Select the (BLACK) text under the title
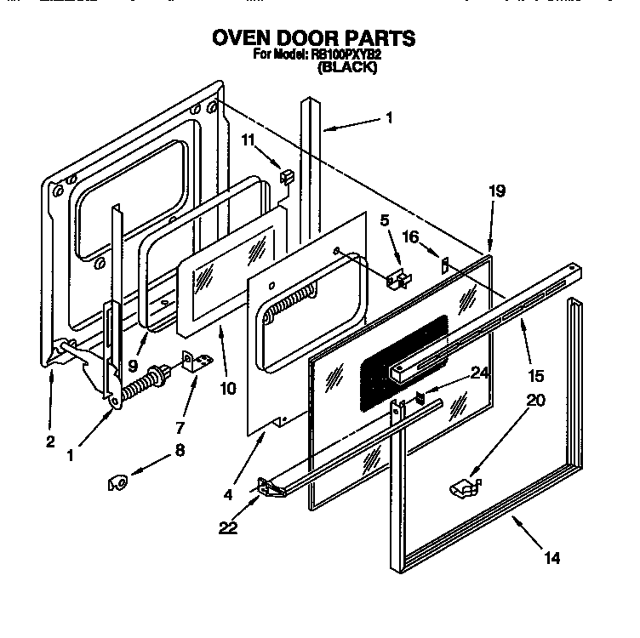pos(347,68)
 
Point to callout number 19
pos(497,191)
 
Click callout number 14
pos(552,559)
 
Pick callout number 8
pos(179,452)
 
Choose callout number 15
pos(535,375)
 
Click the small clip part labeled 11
pos(286,175)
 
